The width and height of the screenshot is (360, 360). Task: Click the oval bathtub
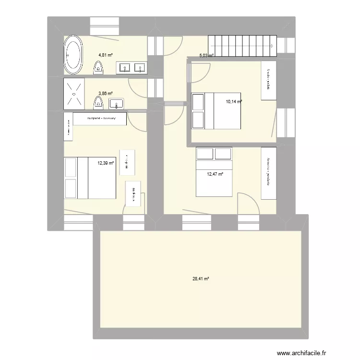[73, 56]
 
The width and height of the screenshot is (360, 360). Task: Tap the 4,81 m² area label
[106, 55]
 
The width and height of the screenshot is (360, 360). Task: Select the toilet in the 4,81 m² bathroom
[99, 67]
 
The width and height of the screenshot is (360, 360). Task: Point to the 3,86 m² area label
[106, 94]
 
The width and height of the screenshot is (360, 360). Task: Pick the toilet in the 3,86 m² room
[99, 102]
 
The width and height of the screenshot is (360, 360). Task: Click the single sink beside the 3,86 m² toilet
[117, 103]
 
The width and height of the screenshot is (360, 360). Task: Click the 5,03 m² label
[206, 55]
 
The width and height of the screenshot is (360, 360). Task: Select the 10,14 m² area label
[234, 101]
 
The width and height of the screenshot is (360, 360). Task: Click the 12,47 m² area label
[215, 174]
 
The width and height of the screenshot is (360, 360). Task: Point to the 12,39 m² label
[106, 163]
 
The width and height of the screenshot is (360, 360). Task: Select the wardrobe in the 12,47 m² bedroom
[269, 173]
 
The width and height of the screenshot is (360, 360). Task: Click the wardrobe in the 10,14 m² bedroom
[268, 81]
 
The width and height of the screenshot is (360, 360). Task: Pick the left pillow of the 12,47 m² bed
[206, 154]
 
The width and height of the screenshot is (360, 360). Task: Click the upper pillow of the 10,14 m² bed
[198, 102]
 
